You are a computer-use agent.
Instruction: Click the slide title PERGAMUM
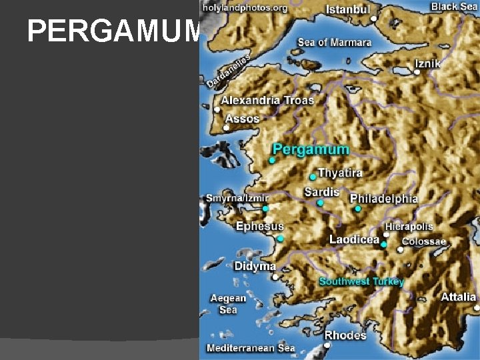pyautogui.click(x=113, y=31)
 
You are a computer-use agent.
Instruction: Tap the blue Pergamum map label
pyautogui.click(x=311, y=149)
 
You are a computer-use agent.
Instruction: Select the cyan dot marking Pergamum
pyautogui.click(x=272, y=161)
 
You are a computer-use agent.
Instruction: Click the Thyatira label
pyautogui.click(x=340, y=173)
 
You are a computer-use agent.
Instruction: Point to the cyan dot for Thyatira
pyautogui.click(x=313, y=177)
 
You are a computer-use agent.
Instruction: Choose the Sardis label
pyautogui.click(x=322, y=192)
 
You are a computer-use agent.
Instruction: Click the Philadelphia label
pyautogui.click(x=384, y=199)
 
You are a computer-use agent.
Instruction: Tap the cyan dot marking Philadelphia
pyautogui.click(x=358, y=209)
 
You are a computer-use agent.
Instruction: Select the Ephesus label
pyautogui.click(x=260, y=227)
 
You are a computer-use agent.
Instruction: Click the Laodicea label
pyautogui.click(x=354, y=239)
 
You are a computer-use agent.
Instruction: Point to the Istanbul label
pyautogui.click(x=347, y=10)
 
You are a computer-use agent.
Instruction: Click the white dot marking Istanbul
pyautogui.click(x=374, y=19)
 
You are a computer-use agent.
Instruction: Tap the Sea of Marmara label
pyautogui.click(x=334, y=43)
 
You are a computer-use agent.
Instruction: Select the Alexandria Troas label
pyautogui.click(x=267, y=100)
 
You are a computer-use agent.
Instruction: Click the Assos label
pyautogui.click(x=242, y=119)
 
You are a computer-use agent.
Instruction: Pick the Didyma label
pyautogui.click(x=255, y=266)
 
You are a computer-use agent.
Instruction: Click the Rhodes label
pyautogui.click(x=345, y=335)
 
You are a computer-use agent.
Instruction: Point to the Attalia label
pyautogui.click(x=458, y=297)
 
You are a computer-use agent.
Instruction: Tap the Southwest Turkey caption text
pyautogui.click(x=361, y=281)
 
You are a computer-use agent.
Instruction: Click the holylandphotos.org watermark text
pyautogui.click(x=245, y=8)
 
